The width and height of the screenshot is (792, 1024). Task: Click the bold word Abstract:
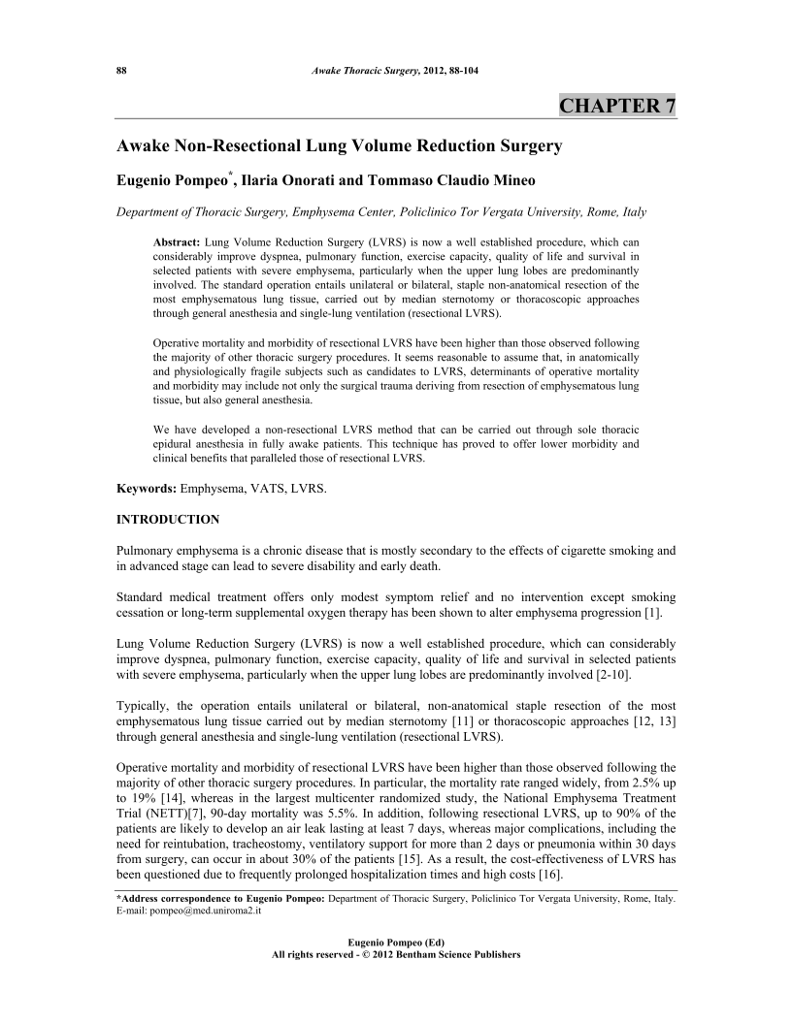pyautogui.click(x=178, y=240)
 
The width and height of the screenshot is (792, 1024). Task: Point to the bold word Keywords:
pyautogui.click(x=148, y=491)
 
